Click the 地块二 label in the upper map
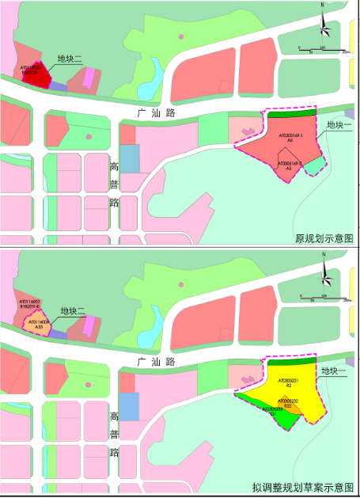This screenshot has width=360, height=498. click(70, 59)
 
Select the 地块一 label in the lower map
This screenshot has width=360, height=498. click(335, 369)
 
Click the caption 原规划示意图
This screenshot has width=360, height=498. click(323, 238)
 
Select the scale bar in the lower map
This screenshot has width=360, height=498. click(323, 298)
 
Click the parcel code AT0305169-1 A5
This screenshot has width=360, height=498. click(290, 137)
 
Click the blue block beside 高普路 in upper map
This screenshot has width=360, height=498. click(129, 157)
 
